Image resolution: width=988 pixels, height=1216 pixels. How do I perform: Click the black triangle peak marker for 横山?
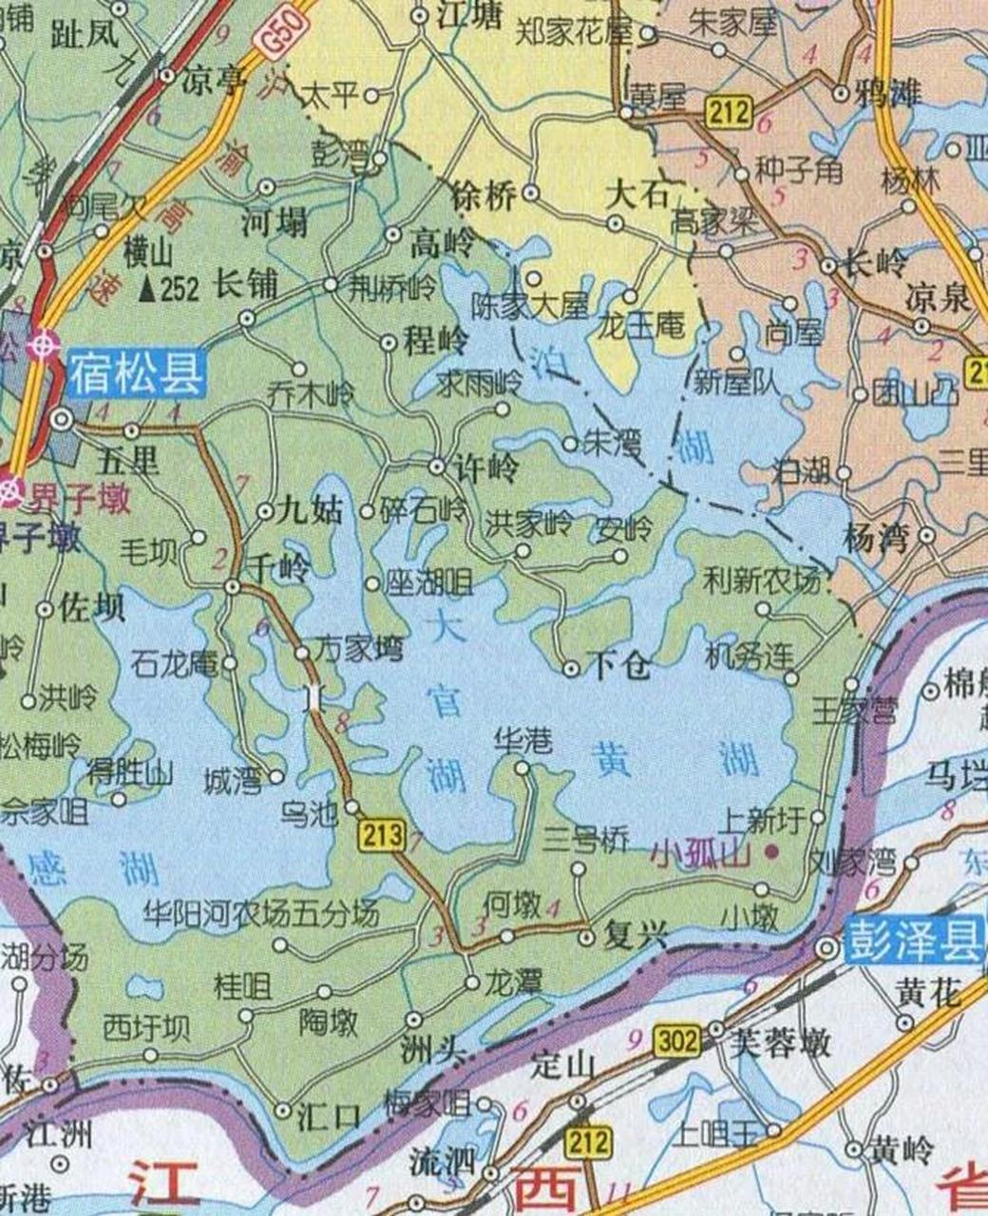147,289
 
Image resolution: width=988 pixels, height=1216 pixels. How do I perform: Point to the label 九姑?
314,511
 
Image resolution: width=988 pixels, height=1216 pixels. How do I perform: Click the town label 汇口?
328,1113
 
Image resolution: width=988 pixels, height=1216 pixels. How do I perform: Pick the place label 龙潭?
514,981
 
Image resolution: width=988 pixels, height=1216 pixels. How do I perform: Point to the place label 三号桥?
585,840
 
